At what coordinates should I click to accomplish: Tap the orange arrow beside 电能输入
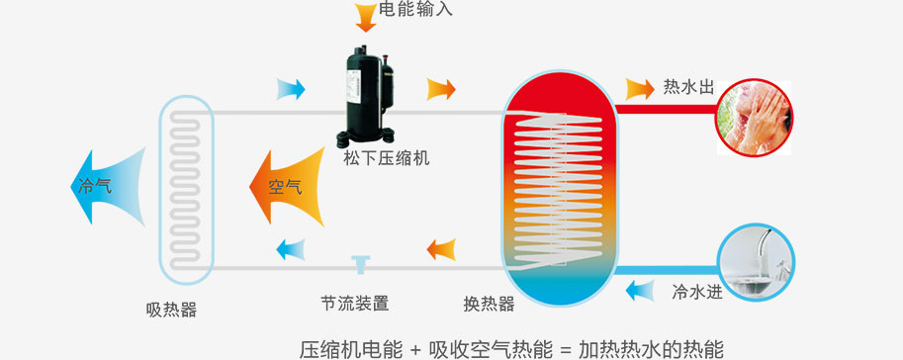[x=365, y=15]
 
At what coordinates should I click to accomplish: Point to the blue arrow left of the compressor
[x=291, y=89]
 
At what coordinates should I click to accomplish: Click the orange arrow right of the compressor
[x=441, y=89]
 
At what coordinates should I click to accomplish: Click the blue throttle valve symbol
[x=359, y=262]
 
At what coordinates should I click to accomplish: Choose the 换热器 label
[x=489, y=304]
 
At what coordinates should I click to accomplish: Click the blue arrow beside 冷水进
[x=641, y=291]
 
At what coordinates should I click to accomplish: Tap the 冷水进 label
[x=697, y=292]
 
